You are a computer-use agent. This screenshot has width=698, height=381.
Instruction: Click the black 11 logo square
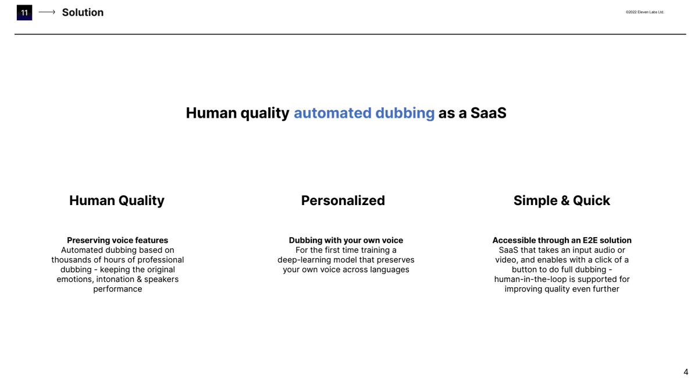click(24, 12)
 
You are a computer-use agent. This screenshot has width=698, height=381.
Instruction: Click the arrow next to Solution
click(47, 12)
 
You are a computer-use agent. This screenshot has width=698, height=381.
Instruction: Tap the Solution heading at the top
click(83, 12)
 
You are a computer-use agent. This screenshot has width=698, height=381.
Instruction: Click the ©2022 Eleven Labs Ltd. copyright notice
click(644, 12)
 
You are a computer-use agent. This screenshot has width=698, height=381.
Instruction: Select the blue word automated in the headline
click(333, 113)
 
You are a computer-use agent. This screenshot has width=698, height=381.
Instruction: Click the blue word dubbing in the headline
click(405, 114)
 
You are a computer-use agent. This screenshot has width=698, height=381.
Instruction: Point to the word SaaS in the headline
click(488, 113)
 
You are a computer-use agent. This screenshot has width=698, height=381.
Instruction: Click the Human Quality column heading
click(117, 200)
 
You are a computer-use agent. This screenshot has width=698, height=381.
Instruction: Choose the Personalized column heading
click(343, 200)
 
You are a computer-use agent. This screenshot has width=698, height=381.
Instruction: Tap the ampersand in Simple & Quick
click(565, 200)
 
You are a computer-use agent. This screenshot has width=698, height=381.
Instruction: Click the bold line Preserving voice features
click(117, 240)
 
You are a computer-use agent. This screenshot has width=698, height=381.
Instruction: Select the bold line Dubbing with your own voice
click(346, 240)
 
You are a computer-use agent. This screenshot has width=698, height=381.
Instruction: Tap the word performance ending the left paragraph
click(117, 290)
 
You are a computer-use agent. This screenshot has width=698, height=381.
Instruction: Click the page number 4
click(686, 372)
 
